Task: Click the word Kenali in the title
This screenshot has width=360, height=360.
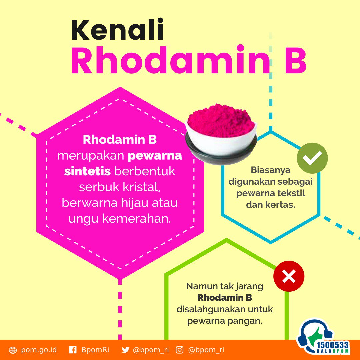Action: [x=118, y=30]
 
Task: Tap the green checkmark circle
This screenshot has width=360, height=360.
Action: [x=312, y=158]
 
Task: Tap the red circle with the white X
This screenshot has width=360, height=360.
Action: [x=289, y=276]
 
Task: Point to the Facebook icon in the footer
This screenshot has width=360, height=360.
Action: [x=73, y=350]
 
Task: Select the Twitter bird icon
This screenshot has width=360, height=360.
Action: [x=126, y=350]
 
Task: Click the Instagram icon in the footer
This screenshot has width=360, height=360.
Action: [x=180, y=350]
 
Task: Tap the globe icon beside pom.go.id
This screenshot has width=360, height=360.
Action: [x=13, y=350]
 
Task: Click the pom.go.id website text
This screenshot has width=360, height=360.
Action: [x=39, y=350]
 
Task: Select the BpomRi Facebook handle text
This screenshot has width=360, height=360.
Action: [x=95, y=350]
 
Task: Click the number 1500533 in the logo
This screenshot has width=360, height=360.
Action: [x=333, y=345]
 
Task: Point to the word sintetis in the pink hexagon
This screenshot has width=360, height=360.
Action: [x=87, y=171]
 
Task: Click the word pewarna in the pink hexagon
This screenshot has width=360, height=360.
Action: [x=155, y=156]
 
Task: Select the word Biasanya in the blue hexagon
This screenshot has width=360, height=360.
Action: [x=270, y=170]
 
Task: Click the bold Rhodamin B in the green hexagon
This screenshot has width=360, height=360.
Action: [x=225, y=298]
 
